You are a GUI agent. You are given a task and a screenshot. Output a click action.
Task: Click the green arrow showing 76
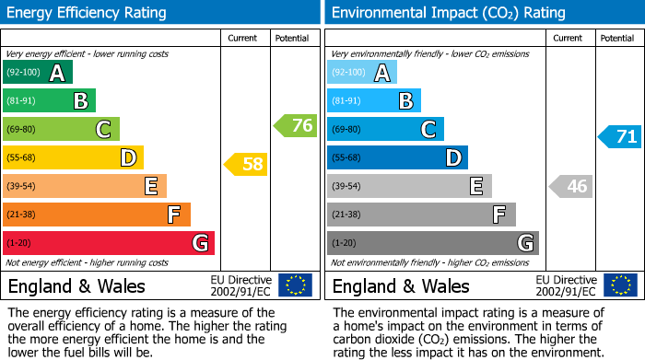(x=295, y=125)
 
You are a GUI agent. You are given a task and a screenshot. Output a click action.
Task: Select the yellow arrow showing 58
(x=246, y=165)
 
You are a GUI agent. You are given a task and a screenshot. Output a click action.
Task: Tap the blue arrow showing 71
(x=619, y=137)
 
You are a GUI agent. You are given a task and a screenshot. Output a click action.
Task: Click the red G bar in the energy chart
(x=109, y=243)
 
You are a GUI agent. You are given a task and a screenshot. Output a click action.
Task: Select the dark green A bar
(x=38, y=73)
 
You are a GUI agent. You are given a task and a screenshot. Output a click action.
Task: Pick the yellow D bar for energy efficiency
(x=73, y=157)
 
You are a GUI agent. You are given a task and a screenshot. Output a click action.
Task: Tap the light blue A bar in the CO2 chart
(x=362, y=73)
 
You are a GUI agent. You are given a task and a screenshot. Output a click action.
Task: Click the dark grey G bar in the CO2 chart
(x=433, y=243)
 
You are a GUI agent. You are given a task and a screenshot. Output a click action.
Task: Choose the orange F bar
(x=97, y=215)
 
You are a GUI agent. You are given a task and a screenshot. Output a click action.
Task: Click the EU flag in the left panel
(x=295, y=285)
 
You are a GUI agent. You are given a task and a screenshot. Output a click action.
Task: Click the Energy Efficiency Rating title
(x=88, y=13)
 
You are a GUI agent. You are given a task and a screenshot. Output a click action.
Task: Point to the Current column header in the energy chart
(x=244, y=38)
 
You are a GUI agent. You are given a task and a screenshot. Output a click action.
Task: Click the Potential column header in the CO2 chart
(x=617, y=38)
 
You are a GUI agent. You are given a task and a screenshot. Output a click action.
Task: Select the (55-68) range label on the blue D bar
(x=346, y=157)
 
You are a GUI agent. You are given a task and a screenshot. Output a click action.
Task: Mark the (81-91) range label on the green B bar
(x=23, y=101)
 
